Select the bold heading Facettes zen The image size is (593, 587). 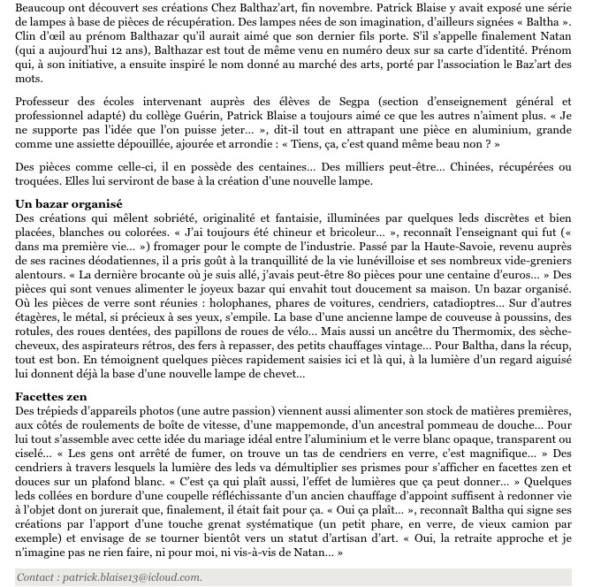pyautogui.click(x=51, y=396)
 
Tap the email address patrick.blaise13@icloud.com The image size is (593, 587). pyautogui.click(x=133, y=576)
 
